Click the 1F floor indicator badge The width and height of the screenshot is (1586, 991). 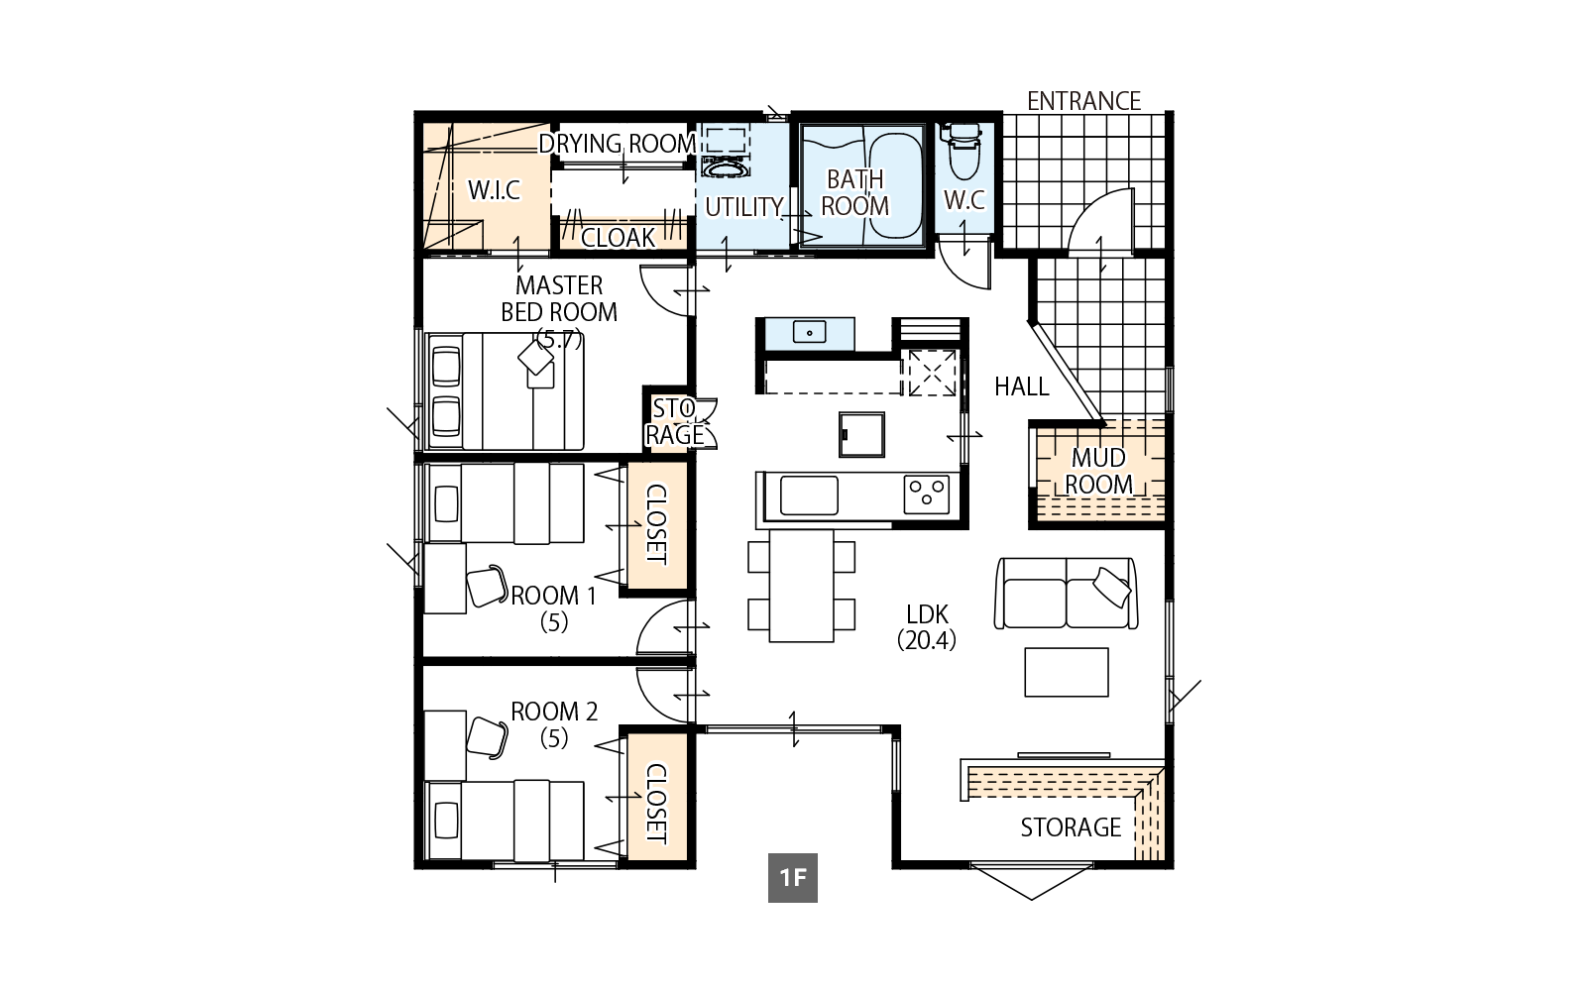[x=792, y=878]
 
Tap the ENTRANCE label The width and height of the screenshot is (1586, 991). [x=1083, y=101]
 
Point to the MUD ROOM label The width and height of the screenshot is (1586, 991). [x=1098, y=471]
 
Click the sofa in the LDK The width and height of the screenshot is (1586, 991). [x=1067, y=593]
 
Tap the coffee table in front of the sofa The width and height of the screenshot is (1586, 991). [x=1067, y=672]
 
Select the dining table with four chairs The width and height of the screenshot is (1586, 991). [x=802, y=585]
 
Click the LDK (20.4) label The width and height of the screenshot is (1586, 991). [x=926, y=627]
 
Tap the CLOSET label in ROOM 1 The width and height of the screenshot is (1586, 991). [x=654, y=524]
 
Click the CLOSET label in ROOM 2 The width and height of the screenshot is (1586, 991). [x=654, y=803]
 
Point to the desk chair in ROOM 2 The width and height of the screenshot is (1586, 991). [x=487, y=737]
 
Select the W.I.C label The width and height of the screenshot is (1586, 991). [x=494, y=190]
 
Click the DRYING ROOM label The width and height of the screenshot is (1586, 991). [x=617, y=144]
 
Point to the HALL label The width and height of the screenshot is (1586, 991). [x=1021, y=386]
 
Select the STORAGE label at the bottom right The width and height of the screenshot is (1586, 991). [x=1071, y=827]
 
